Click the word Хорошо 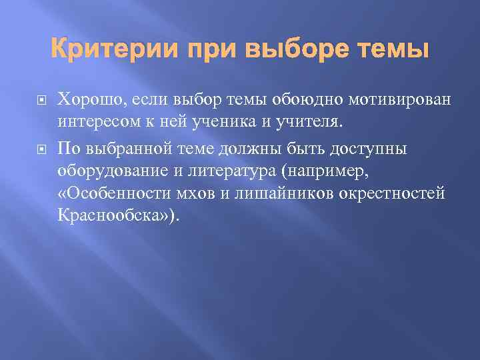coord(86,100)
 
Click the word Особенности coord(111,193)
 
